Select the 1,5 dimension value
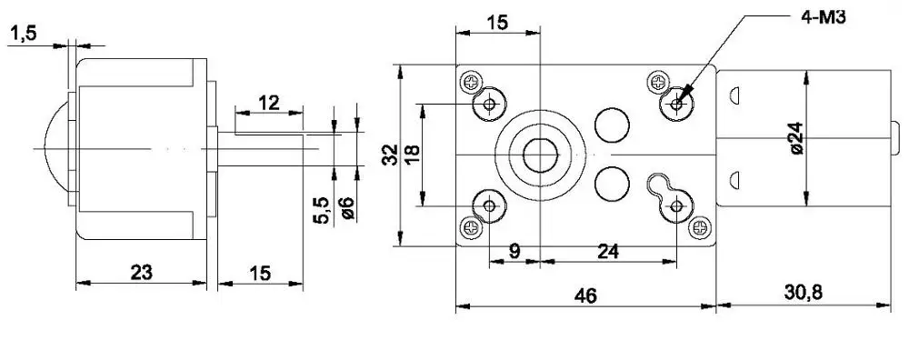25,34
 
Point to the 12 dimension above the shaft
268,102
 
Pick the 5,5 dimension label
320,211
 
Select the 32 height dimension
389,155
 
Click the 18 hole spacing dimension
412,155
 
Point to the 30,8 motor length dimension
803,293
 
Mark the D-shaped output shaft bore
541,154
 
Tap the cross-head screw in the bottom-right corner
700,226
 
